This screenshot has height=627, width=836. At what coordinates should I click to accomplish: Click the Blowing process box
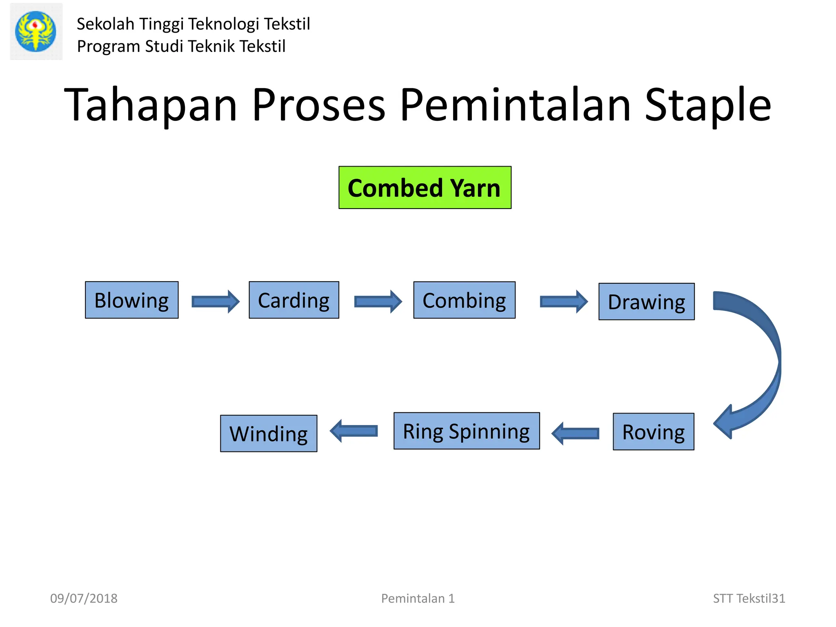[x=131, y=300]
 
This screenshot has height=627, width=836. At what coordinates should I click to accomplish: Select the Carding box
[x=294, y=300]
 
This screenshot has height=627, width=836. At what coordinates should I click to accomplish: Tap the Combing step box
[x=464, y=300]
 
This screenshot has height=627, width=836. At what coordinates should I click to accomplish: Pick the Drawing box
[x=646, y=302]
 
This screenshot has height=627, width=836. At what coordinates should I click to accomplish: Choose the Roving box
[x=653, y=431]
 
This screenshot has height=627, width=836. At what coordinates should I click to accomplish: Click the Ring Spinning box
[x=466, y=431]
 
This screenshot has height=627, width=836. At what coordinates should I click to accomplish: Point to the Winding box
[x=268, y=434]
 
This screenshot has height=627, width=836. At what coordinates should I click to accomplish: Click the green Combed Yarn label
[x=425, y=188]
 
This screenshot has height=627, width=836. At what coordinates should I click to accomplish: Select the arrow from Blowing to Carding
[x=215, y=302]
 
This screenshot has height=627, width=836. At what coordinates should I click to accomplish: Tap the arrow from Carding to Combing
[x=378, y=302]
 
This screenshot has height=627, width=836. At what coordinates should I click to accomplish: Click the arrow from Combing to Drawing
[x=563, y=302]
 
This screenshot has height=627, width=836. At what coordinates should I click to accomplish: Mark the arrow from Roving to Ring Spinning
[x=576, y=433]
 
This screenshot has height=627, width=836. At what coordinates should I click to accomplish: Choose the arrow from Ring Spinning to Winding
[x=354, y=431]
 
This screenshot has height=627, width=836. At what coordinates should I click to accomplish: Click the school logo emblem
[x=36, y=31]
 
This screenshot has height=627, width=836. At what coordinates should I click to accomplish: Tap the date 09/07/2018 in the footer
[x=84, y=598]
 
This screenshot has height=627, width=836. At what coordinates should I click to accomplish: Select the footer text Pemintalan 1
[x=418, y=598]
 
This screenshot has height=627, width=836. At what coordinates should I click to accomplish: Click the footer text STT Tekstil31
[x=749, y=598]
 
